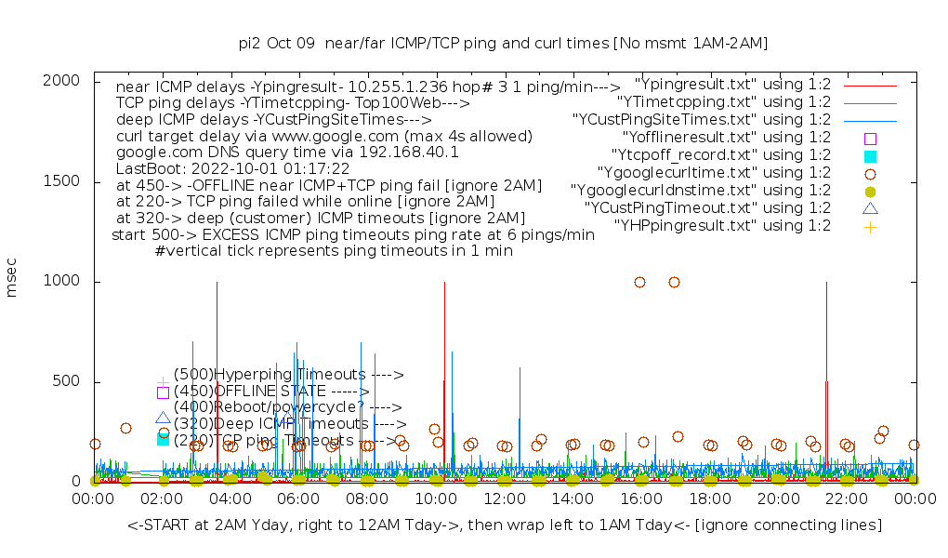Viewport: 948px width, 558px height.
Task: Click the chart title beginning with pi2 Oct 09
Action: click(x=503, y=44)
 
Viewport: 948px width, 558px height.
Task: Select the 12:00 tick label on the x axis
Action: click(x=504, y=499)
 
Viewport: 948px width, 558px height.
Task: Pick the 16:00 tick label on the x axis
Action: click(x=640, y=499)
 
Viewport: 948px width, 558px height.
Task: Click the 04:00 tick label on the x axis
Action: click(x=230, y=499)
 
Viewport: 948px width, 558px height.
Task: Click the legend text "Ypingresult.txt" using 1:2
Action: click(x=732, y=84)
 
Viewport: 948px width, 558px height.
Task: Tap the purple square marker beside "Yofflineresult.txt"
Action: click(x=870, y=138)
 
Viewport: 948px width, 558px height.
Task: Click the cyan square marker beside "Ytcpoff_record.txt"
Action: click(x=870, y=155)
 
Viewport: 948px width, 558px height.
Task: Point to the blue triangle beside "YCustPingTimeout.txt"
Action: click(x=870, y=208)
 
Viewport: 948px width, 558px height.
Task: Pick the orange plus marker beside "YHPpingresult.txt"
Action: click(x=870, y=226)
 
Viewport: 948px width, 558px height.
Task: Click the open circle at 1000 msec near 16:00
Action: click(x=639, y=282)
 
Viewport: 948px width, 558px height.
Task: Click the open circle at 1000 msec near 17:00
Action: click(x=674, y=282)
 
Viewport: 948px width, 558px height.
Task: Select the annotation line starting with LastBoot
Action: click(x=232, y=169)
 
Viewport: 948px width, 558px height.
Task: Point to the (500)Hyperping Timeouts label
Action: click(x=288, y=375)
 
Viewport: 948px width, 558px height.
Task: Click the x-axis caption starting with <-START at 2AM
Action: click(x=505, y=525)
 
